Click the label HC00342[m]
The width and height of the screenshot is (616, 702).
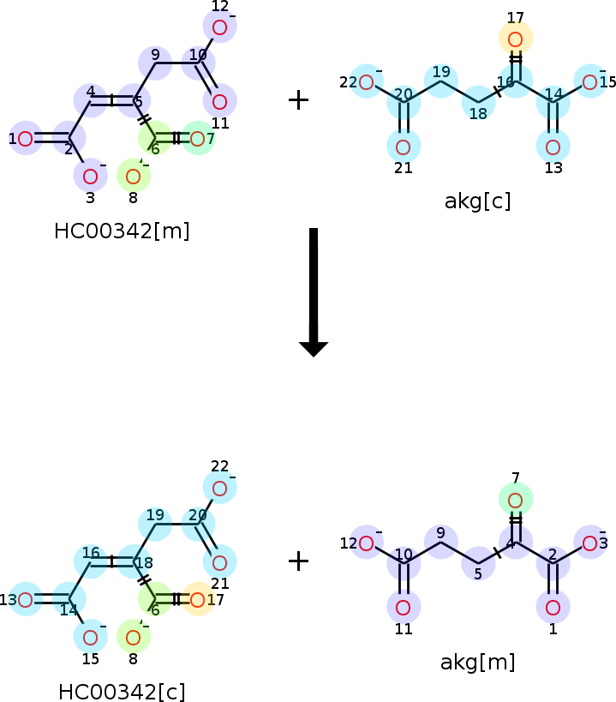pos(122,231)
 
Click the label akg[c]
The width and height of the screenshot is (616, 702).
pos(477,201)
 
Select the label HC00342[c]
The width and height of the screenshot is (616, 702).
pos(122,692)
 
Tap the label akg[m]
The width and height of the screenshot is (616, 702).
pos(477,662)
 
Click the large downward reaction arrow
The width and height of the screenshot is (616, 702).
pos(314,291)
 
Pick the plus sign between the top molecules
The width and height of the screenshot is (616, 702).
pos(298,100)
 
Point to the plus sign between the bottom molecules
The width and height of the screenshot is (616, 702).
pos(298,561)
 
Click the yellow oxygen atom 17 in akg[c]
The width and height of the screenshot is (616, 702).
pos(515,39)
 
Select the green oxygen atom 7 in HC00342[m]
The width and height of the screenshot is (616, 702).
pos(198,138)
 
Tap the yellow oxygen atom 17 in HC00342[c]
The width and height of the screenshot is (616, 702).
pos(198,599)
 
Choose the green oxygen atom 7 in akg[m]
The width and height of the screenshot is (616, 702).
pos(515,500)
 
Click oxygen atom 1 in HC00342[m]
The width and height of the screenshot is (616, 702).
pos(26,138)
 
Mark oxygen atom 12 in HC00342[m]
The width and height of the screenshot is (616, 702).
pos(219,27)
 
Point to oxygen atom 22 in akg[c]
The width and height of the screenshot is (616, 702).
pos(366,82)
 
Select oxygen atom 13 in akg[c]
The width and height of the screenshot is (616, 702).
pos(553,147)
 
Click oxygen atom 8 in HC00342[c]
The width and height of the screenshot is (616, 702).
pos(133,637)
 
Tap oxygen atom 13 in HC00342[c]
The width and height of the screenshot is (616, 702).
pos(26,599)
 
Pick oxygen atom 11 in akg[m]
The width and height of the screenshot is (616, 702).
pos(404,608)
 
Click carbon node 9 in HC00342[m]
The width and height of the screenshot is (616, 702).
pos(155,63)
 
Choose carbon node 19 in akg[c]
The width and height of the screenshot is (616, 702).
pos(440,81)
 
